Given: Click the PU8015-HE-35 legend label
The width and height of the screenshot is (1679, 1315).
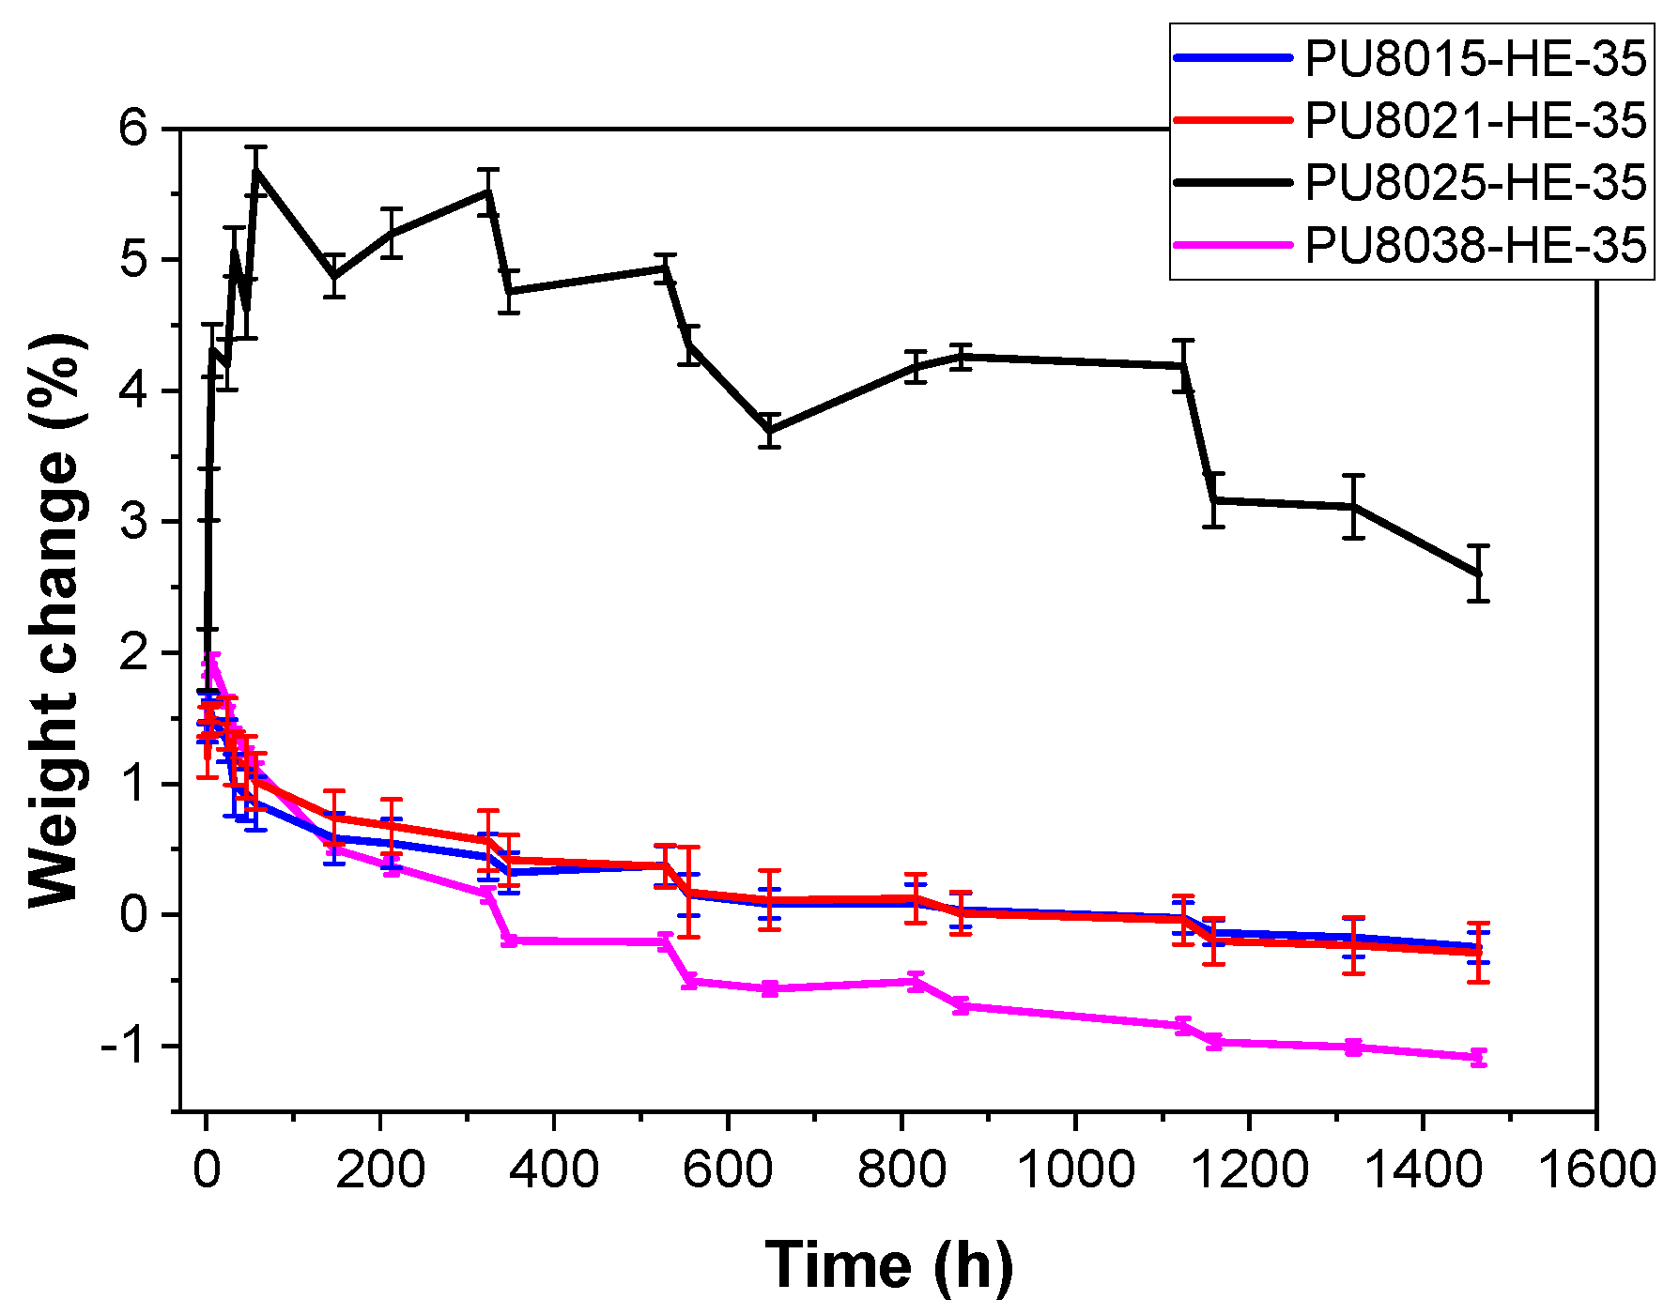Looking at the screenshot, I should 1474,58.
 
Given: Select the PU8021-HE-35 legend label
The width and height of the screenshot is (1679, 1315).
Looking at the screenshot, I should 1474,120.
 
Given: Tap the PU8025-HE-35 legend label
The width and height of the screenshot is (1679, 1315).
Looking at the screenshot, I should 1474,182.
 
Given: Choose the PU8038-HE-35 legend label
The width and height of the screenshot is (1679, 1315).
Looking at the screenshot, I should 1474,245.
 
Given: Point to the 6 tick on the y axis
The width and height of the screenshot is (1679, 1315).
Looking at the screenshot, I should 135,129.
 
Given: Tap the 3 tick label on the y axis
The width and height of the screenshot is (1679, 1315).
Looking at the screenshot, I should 135,522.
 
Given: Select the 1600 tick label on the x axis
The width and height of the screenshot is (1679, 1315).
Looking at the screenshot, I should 1595,1170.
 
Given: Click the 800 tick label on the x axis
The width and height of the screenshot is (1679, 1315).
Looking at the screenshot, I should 901,1170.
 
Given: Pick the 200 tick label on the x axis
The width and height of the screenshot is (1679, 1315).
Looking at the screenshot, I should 379,1170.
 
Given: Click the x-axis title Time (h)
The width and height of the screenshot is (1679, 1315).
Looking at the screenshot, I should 888,1264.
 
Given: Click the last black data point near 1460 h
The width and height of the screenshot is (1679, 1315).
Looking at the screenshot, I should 1478,573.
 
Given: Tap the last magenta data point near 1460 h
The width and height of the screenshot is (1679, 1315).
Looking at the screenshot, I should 1478,1057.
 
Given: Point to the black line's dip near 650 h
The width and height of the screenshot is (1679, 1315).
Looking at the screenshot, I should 770,430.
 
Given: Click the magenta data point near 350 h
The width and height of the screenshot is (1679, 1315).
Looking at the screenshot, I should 509,940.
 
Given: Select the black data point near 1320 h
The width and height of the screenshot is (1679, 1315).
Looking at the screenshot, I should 1352,507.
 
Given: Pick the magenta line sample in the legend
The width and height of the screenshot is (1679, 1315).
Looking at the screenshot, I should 1233,245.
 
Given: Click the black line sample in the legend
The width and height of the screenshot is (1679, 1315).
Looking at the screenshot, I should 1233,182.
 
